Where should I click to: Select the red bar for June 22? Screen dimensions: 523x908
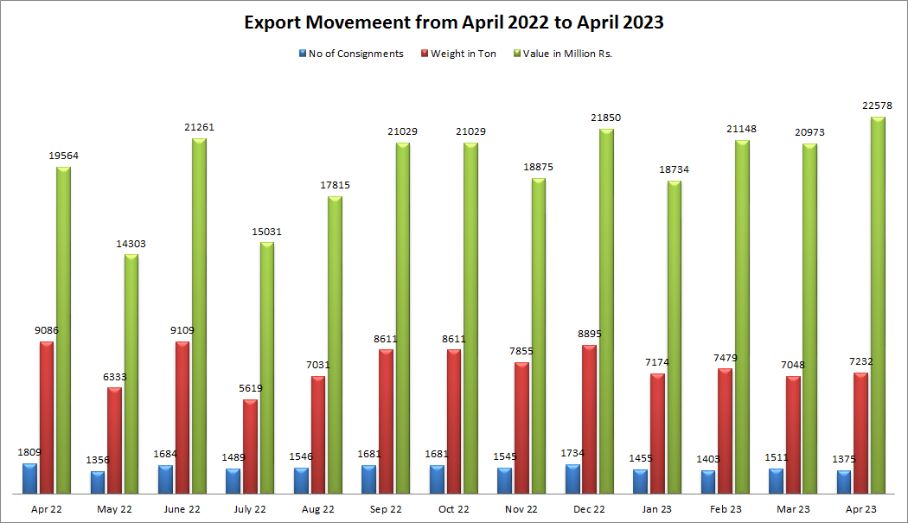pyautogui.click(x=182, y=418)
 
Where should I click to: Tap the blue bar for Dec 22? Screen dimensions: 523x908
pyautogui.click(x=572, y=479)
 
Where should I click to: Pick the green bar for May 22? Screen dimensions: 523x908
pyautogui.click(x=131, y=373)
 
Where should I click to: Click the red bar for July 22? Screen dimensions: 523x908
pyautogui.click(x=250, y=446)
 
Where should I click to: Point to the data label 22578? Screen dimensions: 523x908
pyautogui.click(x=878, y=105)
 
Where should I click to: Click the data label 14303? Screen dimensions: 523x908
pyautogui.click(x=131, y=244)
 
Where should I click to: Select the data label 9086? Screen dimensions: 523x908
pyautogui.click(x=47, y=330)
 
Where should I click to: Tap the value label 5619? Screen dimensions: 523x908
pyautogui.click(x=250, y=388)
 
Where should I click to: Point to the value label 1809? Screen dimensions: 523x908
pyautogui.click(x=29, y=452)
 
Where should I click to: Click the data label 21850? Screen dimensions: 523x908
pyautogui.click(x=606, y=118)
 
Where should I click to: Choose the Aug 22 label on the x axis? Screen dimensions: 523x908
pyautogui.click(x=318, y=509)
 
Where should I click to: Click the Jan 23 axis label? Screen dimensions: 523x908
pyautogui.click(x=657, y=509)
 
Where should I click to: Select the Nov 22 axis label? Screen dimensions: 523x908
pyautogui.click(x=521, y=509)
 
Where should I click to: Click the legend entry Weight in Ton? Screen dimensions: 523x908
pyautogui.click(x=464, y=54)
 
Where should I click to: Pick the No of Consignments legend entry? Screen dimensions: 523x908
pyautogui.click(x=355, y=54)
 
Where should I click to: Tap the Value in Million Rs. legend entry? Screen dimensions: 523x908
pyautogui.click(x=567, y=54)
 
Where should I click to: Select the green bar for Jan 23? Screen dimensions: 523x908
pyautogui.click(x=675, y=337)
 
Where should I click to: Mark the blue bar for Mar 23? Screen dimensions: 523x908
pyautogui.click(x=776, y=481)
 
